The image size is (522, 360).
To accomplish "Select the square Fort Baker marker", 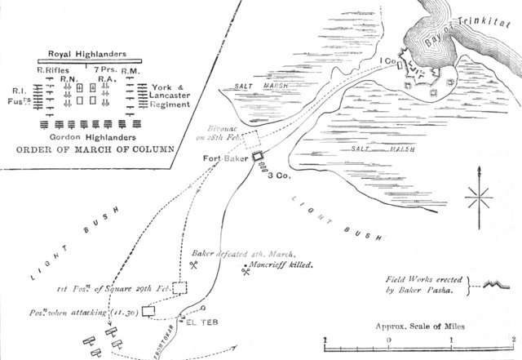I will click(256, 156).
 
